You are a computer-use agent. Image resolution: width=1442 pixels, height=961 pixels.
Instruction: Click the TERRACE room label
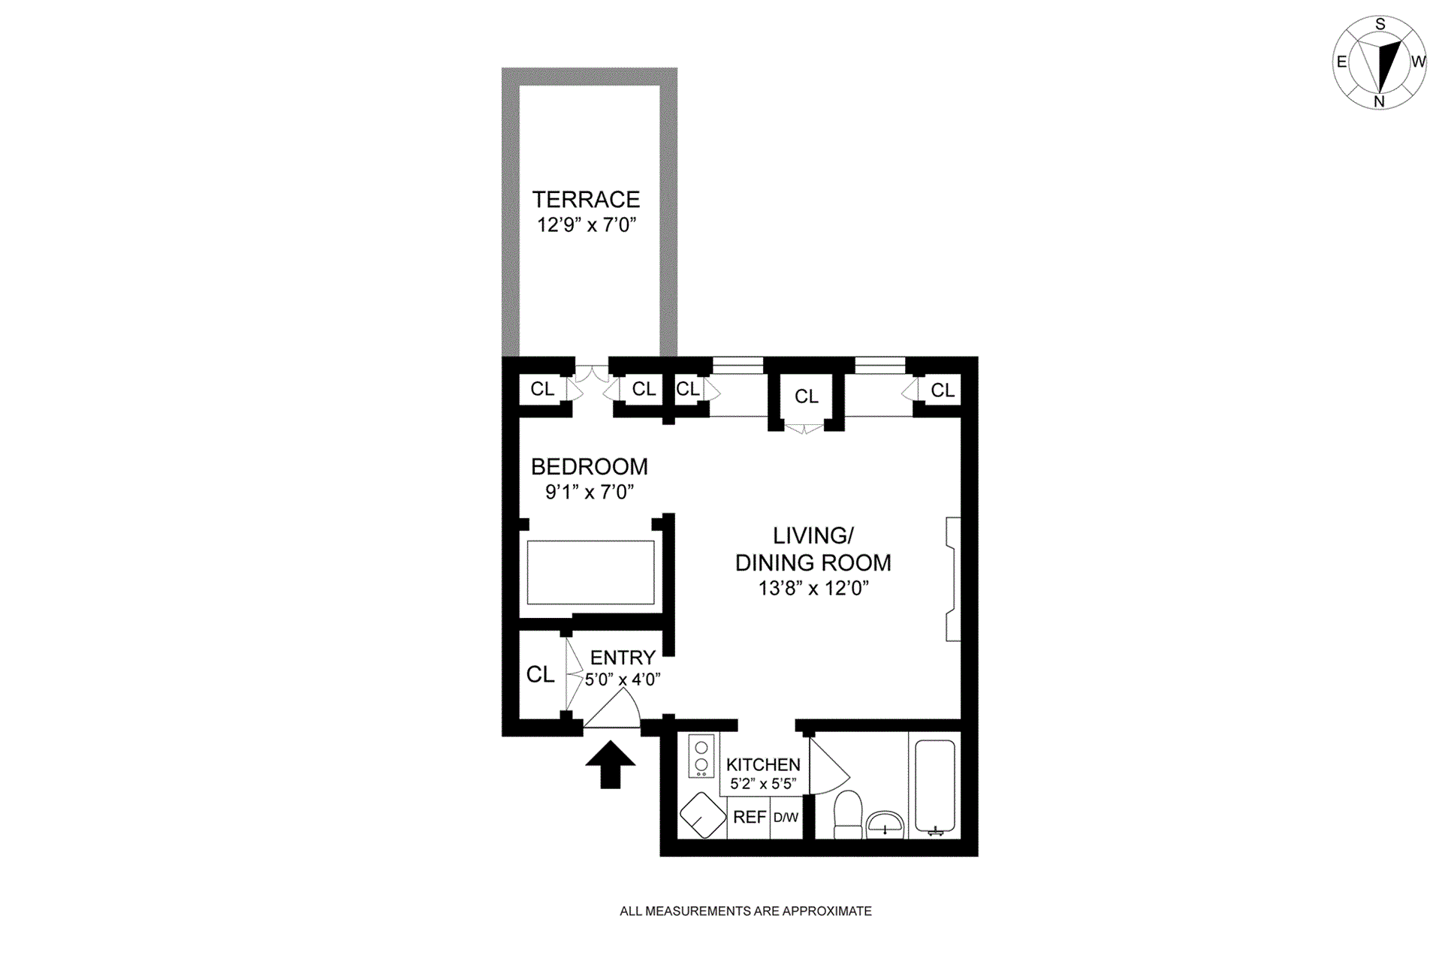coord(586,200)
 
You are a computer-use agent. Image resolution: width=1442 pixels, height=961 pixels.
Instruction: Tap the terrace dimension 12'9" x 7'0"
coord(586,224)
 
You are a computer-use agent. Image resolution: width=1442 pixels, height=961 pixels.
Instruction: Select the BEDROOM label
coord(589,467)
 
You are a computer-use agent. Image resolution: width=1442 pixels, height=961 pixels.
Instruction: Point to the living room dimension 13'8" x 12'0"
coord(813,588)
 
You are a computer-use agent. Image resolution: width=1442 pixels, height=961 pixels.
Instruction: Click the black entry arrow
coord(610,764)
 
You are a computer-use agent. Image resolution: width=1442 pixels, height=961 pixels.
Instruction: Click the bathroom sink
coord(885,824)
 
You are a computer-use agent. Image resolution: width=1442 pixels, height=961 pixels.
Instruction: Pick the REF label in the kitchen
coord(749,817)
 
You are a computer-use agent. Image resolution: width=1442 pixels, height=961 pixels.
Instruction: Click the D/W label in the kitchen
coord(786,818)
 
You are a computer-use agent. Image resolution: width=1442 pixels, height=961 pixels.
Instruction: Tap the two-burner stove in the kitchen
coord(701,756)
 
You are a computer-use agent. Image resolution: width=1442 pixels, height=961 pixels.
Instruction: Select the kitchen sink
coord(702,815)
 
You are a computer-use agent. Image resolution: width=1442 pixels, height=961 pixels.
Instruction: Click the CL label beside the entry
coord(540,674)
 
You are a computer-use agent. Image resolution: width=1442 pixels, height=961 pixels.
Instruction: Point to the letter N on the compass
coord(1379,101)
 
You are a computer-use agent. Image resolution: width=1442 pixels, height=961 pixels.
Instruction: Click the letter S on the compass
coord(1380,25)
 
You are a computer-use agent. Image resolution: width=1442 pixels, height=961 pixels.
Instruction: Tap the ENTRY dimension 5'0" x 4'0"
coord(623,679)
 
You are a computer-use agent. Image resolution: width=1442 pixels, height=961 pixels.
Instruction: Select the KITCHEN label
coord(763,765)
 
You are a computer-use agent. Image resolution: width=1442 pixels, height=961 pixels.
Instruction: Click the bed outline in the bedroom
coord(590,572)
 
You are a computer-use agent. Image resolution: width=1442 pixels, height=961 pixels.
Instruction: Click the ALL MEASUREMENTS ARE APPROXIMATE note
coord(745,911)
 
